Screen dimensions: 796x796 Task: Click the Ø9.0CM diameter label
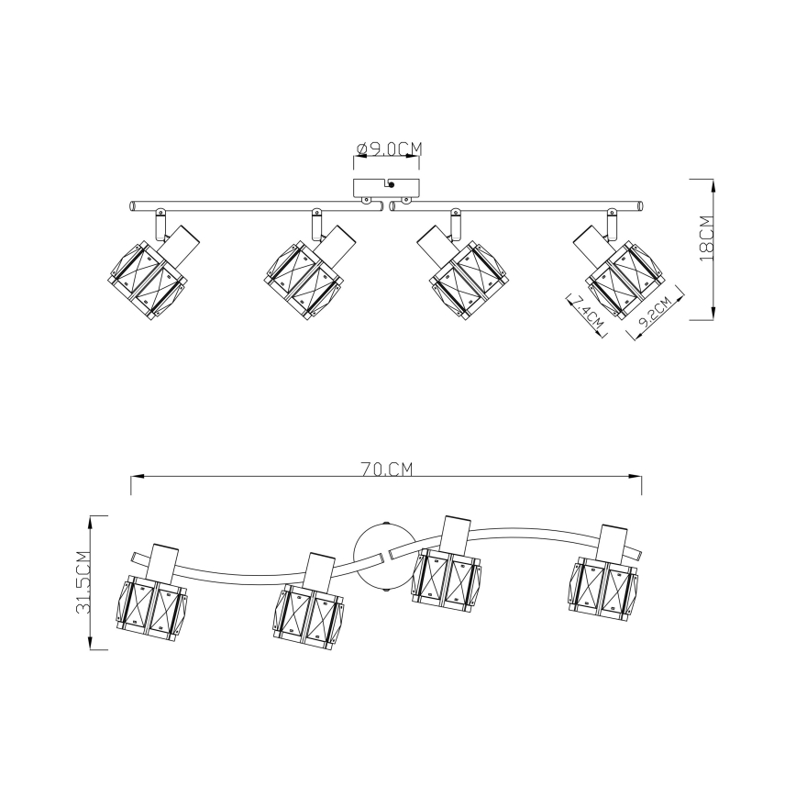pos(390,149)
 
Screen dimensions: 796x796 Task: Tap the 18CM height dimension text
pos(707,238)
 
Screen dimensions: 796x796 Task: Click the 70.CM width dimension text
pos(387,470)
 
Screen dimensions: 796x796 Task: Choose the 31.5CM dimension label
pos(83,582)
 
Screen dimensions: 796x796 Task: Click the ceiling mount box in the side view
pos(386,187)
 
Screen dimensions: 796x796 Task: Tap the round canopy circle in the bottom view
pos(385,557)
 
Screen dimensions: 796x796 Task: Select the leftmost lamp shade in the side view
pos(146,280)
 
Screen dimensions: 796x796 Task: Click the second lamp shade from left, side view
pos(301,280)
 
